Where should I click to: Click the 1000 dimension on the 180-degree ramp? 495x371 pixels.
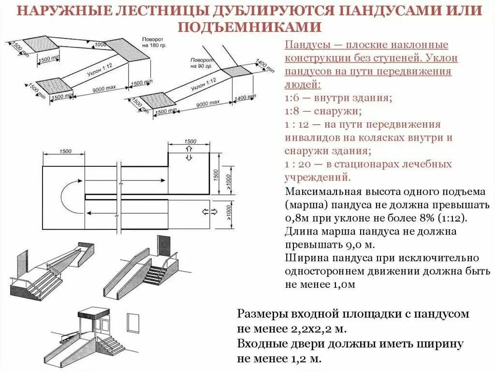(101, 45)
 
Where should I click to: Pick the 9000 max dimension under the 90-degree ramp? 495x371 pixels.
(208, 103)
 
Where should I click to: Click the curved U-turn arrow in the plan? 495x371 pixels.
(70, 198)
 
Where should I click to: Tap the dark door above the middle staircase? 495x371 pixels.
(163, 247)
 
